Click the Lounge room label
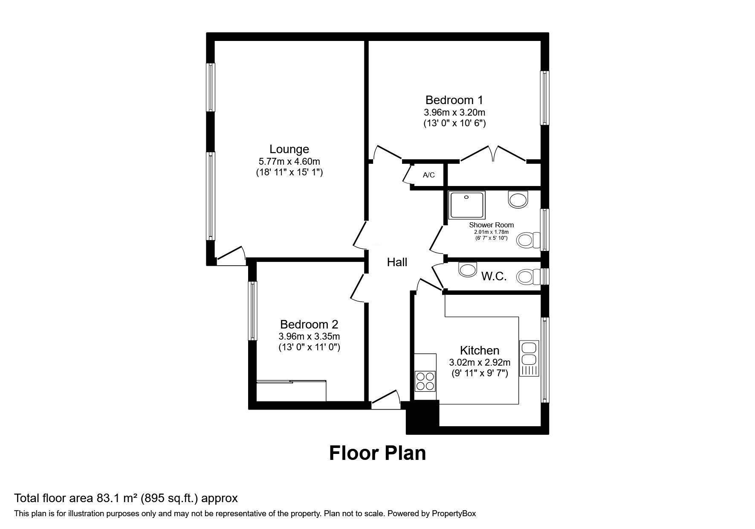[x=289, y=149]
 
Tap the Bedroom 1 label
[x=454, y=100]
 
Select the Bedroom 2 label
[x=309, y=325]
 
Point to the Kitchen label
[x=480, y=351]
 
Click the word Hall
[x=397, y=262]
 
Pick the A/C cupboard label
[x=429, y=175]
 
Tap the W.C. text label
[x=494, y=276]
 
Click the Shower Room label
[x=492, y=225]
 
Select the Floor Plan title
[x=377, y=453]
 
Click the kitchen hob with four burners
[x=425, y=381]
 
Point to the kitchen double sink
[x=529, y=358]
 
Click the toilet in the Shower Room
[x=528, y=241]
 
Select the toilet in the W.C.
[x=528, y=277]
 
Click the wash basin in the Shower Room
[x=518, y=199]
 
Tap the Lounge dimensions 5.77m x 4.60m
[x=289, y=162]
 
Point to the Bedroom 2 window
[x=253, y=311]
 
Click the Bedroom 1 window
[x=545, y=98]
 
